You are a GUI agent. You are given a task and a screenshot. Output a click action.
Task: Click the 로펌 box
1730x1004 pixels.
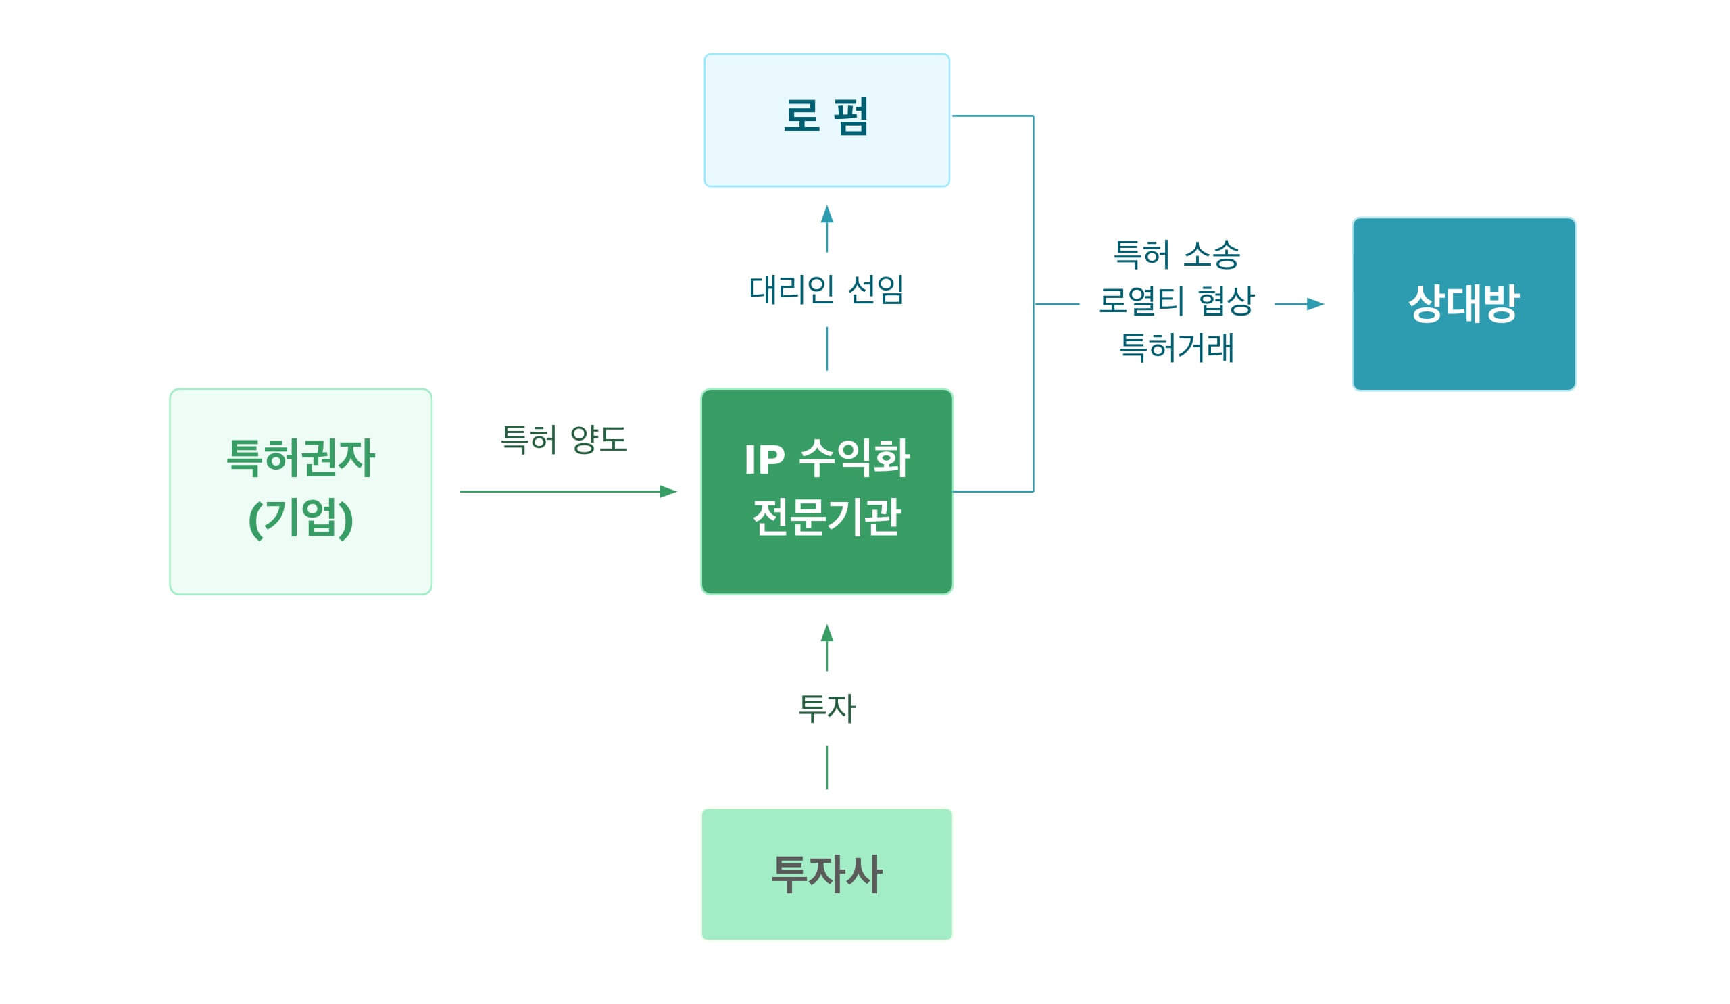(x=826, y=120)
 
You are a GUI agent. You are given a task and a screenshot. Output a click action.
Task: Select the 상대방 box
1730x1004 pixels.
(x=1464, y=304)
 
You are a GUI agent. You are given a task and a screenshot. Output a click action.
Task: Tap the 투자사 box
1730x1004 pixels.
(x=826, y=875)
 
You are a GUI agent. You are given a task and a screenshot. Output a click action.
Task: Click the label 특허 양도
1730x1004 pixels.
(x=564, y=439)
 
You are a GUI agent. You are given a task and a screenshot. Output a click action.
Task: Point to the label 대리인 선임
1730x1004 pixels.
(x=826, y=290)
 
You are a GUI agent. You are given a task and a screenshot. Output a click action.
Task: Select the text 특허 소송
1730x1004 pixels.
(x=1177, y=255)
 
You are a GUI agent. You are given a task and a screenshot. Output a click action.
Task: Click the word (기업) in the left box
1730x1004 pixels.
(x=301, y=519)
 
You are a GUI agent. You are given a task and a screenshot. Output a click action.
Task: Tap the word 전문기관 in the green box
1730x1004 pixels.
(x=826, y=518)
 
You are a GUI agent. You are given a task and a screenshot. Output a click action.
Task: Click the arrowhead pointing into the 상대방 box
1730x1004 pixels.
(x=1314, y=304)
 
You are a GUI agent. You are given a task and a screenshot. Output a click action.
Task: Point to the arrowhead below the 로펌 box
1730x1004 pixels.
(x=826, y=215)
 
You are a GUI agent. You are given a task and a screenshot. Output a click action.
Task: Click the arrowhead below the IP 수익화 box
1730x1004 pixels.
(x=826, y=634)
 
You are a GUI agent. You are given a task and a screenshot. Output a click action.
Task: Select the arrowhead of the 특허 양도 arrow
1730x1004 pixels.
(x=667, y=491)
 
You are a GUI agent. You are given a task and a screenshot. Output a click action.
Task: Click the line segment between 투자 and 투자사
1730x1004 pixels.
(x=826, y=768)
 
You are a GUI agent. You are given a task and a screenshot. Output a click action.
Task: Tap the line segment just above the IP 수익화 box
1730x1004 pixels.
(x=826, y=349)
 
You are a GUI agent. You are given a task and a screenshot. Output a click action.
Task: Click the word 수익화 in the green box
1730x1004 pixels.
(x=855, y=459)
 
